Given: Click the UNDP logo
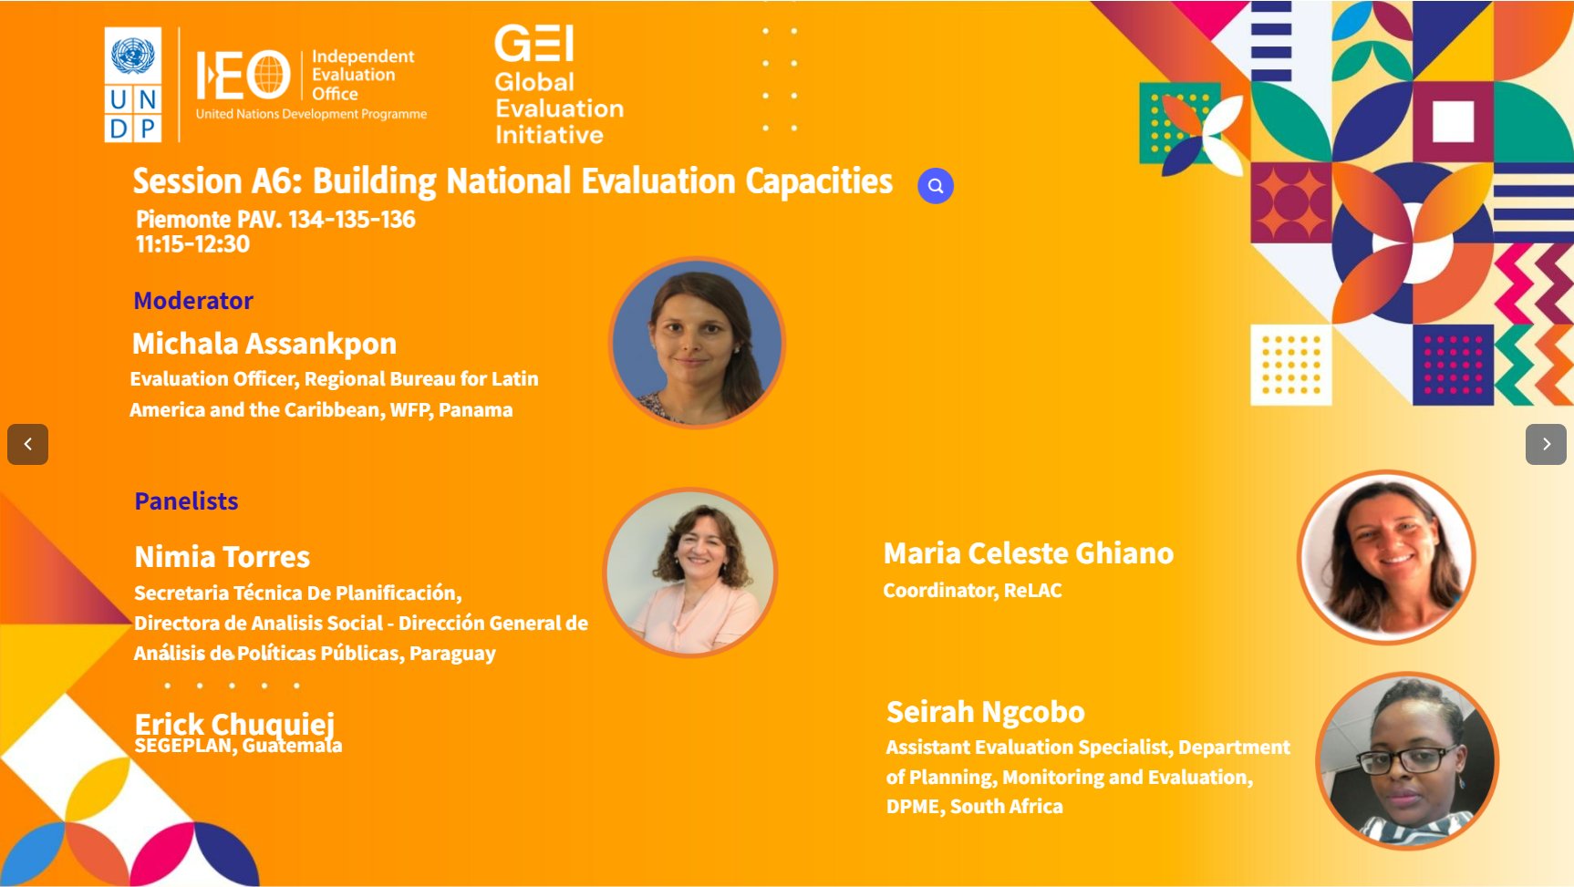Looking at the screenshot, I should click(x=133, y=84).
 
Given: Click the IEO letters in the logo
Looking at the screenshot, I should click(x=243, y=75).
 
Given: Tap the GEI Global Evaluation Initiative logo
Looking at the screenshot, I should click(x=557, y=85).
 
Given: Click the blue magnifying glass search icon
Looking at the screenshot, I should click(x=935, y=186).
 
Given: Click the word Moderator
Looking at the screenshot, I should click(x=192, y=301).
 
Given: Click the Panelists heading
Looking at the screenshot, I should click(x=186, y=501).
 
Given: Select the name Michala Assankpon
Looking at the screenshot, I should click(x=264, y=344).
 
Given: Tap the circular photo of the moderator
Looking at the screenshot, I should click(x=697, y=343).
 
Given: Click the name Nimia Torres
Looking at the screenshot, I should click(x=223, y=557).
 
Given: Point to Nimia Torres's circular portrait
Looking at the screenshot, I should click(x=690, y=572).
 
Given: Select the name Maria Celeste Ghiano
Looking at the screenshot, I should click(x=1029, y=553).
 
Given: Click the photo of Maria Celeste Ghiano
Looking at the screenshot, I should click(x=1386, y=556).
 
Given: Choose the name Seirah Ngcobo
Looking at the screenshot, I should click(x=986, y=712).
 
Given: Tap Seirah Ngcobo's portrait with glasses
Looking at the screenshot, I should click(x=1407, y=761).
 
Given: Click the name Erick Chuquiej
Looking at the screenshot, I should click(x=234, y=724).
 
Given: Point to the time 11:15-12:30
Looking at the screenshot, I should click(x=192, y=244).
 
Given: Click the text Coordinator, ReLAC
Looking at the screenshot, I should click(x=972, y=591).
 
